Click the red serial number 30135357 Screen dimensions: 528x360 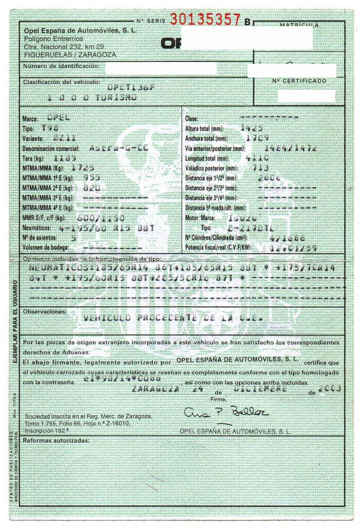tap(206, 18)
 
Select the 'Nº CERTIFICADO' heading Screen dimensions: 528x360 tap(299, 81)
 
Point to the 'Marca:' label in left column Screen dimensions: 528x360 tap(30, 119)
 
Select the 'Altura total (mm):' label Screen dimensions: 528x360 tap(209, 129)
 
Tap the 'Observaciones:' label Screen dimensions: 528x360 tap(44, 311)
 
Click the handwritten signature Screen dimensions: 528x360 tap(226, 413)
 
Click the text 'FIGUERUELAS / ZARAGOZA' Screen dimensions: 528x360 tap(70, 55)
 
